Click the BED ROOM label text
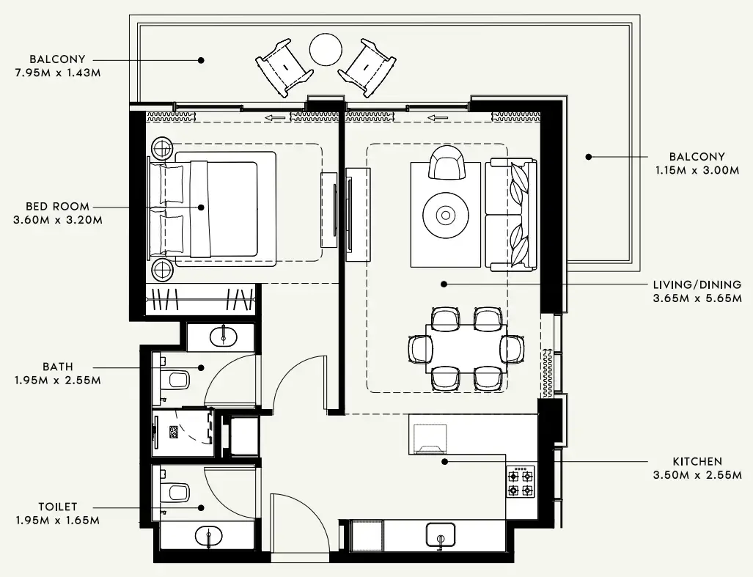pyautogui.click(x=57, y=207)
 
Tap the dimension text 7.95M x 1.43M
pyautogui.click(x=57, y=73)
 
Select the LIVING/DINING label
pyautogui.click(x=697, y=284)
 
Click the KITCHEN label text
pyautogui.click(x=697, y=462)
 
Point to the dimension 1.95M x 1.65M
pyautogui.click(x=57, y=520)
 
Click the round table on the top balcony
pyautogui.click(x=326, y=50)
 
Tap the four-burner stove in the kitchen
pyautogui.click(x=520, y=482)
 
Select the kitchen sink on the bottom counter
pyautogui.click(x=440, y=535)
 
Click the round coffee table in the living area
pyautogui.click(x=445, y=216)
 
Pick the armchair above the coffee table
pyautogui.click(x=447, y=163)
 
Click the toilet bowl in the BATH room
pyautogui.click(x=177, y=380)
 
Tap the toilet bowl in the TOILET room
pyautogui.click(x=177, y=491)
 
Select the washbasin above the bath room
pyautogui.click(x=223, y=337)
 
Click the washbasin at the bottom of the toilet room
pyautogui.click(x=209, y=537)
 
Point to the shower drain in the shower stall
pyautogui.click(x=175, y=433)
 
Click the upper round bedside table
pyautogui.click(x=162, y=148)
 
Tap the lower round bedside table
pyautogui.click(x=162, y=270)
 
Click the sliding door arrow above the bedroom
pyautogui.click(x=276, y=117)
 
